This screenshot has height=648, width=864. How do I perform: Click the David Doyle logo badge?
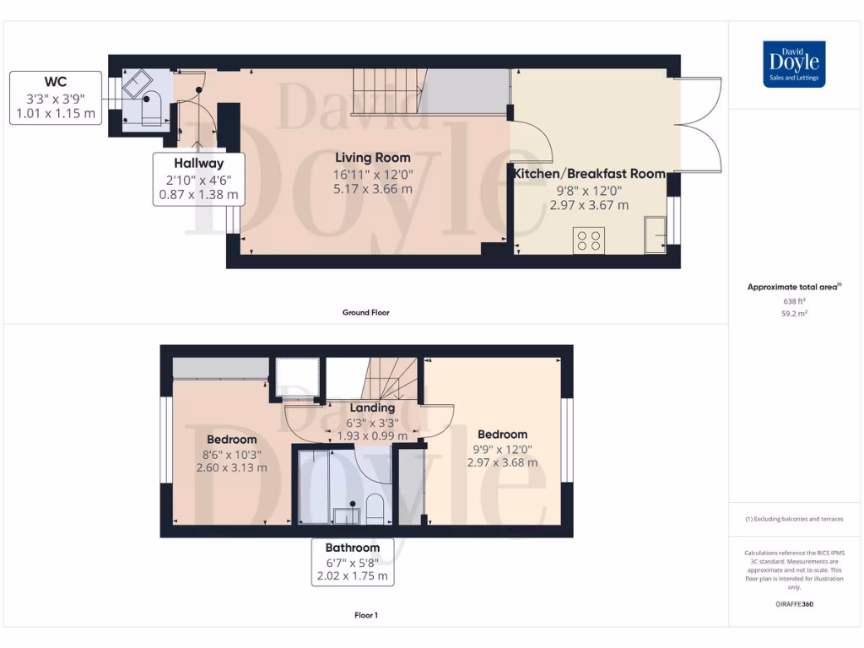[794, 64]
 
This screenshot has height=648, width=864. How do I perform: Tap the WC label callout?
[56, 98]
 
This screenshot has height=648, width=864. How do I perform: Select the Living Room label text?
[373, 158]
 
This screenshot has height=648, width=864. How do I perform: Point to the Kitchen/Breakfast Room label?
[590, 173]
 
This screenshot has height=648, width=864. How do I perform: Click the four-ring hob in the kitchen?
[588, 240]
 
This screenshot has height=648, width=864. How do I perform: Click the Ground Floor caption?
[365, 312]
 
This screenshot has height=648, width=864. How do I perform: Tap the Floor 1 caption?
[365, 615]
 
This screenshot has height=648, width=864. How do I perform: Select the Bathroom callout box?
[352, 562]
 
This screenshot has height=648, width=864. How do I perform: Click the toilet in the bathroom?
[374, 509]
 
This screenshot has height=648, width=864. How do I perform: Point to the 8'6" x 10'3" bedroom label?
[232, 454]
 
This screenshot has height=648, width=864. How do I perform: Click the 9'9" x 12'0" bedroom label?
[503, 448]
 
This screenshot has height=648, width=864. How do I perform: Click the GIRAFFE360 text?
[793, 604]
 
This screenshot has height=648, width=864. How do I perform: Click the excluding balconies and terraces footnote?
[793, 519]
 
